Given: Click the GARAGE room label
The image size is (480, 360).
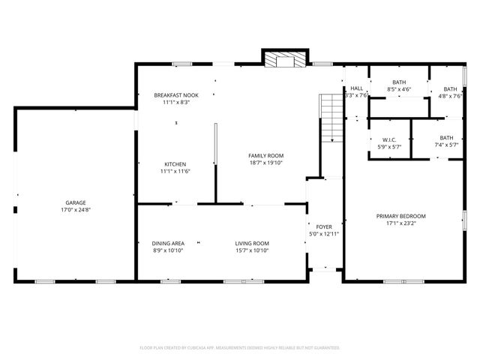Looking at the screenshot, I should coord(75,202).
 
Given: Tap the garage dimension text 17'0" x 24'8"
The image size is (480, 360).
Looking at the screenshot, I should coord(75,209).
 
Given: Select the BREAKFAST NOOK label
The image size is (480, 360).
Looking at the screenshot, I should coord(176,95).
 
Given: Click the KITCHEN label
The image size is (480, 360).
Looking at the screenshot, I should coord(176,164).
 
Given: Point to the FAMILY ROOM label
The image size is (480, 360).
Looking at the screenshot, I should coord(266,155).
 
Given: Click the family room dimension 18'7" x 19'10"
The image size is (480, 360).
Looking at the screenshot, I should coord(266,162).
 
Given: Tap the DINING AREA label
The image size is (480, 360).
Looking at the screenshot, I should coord(168,243).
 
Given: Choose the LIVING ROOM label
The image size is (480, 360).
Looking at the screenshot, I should coord(252,243).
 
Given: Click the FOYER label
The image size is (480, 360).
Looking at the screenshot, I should coord(324,226).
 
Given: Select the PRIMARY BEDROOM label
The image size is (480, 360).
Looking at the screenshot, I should coord(400,216).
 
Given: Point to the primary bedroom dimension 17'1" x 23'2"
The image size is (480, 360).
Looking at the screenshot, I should coord(400,223).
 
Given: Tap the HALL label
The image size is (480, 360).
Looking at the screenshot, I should coord(356,88).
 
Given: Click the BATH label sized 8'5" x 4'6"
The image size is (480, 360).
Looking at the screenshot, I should coord(399,82).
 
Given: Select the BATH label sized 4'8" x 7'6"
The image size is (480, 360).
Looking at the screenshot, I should coord(450,88).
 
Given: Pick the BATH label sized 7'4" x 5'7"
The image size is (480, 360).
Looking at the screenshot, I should coord(447,138).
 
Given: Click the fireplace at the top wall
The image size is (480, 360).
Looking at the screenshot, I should coord(285,59).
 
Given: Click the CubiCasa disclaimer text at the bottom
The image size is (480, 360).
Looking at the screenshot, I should coord(240,347).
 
